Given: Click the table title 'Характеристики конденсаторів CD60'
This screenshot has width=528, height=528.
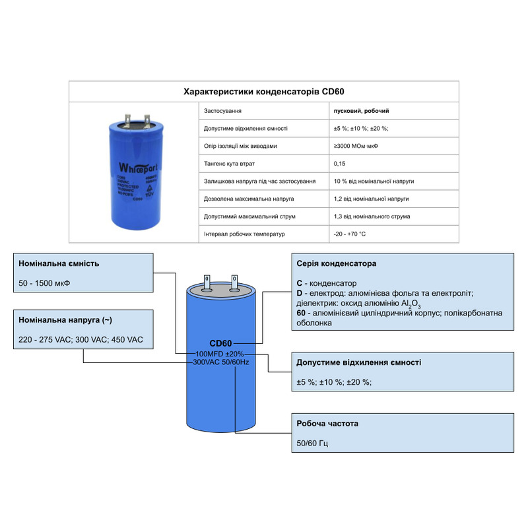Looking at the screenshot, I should pyautogui.click(x=264, y=91).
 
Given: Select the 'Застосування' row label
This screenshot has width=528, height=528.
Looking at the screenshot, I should pyautogui.click(x=222, y=111).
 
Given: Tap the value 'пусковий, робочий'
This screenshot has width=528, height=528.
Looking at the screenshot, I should pyautogui.click(x=362, y=111).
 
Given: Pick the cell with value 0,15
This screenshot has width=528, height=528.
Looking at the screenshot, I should pyautogui.click(x=340, y=163).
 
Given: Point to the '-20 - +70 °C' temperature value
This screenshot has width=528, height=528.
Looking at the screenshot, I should pyautogui.click(x=350, y=234).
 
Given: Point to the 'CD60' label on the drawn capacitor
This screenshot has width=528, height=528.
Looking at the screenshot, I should pyautogui.click(x=221, y=343).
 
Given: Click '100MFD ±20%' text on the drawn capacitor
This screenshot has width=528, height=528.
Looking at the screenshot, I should pyautogui.click(x=220, y=354).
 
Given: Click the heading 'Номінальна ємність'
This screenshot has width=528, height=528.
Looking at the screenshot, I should pyautogui.click(x=59, y=263).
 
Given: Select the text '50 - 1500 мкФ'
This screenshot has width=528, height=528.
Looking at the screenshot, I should pyautogui.click(x=45, y=285).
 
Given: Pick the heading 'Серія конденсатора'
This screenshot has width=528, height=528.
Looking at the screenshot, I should pyautogui.click(x=337, y=263).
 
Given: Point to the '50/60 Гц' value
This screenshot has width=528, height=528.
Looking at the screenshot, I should pyautogui.click(x=312, y=444).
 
